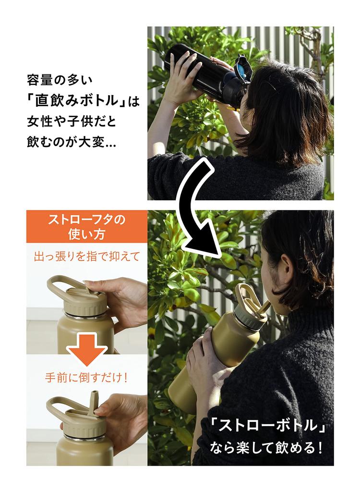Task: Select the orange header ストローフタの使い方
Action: click(87, 227)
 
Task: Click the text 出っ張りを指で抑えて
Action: click(86, 256)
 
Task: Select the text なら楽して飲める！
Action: click(266, 449)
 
